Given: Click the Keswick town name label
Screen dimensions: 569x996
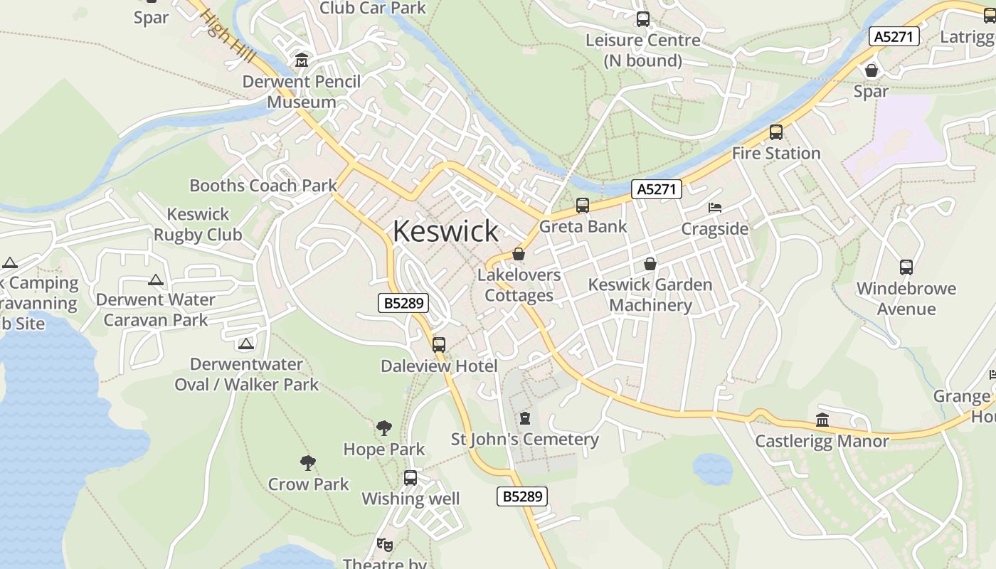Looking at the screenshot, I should point(445,231).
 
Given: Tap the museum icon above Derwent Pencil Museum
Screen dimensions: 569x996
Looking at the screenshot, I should point(302,60).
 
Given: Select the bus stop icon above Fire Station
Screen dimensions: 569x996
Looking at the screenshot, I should point(775,132).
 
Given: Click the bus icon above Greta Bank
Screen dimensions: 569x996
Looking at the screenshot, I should point(583,206).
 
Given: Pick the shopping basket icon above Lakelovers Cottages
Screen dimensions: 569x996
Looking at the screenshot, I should point(519,254).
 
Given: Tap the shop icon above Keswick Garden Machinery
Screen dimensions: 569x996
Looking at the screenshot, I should point(650,264).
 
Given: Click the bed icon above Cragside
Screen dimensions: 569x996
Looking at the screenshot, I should point(715,208).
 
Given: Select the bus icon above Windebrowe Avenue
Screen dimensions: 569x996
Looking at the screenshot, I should point(906,267).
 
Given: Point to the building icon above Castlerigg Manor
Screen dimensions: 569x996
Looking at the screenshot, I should point(822,420).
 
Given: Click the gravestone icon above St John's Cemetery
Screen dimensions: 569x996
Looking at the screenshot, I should point(525,418).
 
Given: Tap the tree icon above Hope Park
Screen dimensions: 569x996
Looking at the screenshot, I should point(383,428).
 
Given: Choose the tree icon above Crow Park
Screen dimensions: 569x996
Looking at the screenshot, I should point(308,463).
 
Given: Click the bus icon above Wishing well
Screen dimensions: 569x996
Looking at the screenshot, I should point(410,478).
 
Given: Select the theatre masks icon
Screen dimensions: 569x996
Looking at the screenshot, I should point(385,545).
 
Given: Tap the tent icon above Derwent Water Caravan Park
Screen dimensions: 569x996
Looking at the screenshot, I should point(156,280).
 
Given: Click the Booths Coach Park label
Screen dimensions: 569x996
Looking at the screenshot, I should point(263,186).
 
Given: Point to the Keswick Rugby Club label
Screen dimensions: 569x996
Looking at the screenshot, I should point(198,224).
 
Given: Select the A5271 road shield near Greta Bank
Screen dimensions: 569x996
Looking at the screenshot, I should point(657,189).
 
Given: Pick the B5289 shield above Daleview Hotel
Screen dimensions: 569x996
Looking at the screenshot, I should point(403,303).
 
